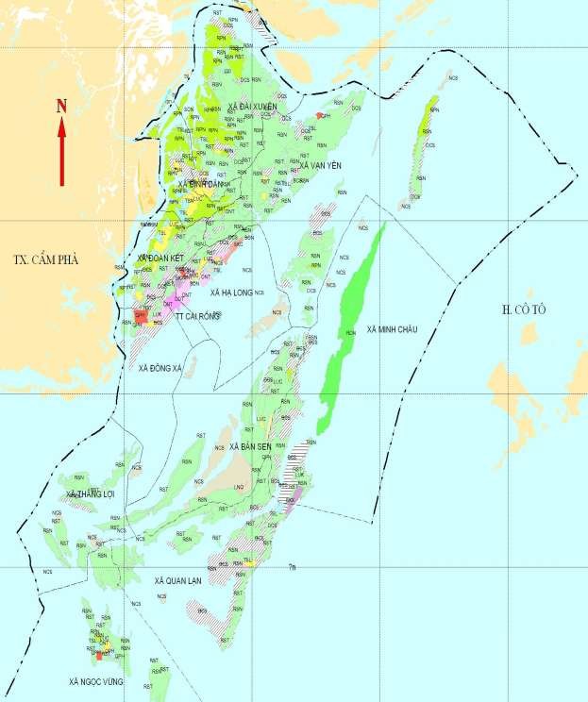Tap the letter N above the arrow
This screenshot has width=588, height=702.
(x=61, y=107)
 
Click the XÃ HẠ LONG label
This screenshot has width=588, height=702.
(x=230, y=293)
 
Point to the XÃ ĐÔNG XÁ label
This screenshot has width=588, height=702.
(x=159, y=367)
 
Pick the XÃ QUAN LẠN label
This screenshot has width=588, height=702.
(x=178, y=580)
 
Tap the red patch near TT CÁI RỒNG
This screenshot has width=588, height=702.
(x=141, y=315)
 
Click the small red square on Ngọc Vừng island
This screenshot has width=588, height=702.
(x=99, y=654)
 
